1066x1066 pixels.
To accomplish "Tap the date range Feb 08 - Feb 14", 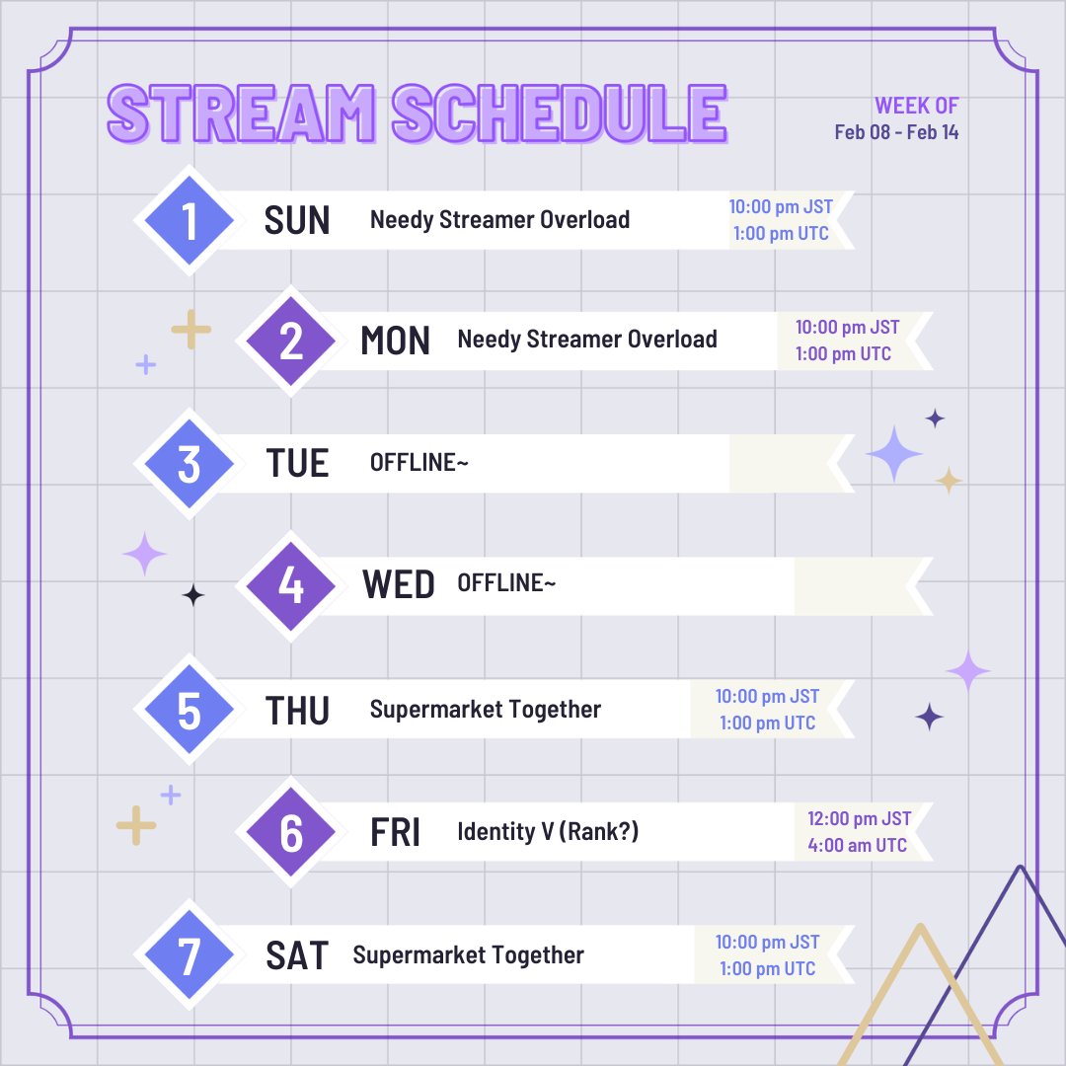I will click(896, 132).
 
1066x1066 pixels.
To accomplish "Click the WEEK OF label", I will click(916, 107).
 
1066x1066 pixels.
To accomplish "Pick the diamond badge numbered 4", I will click(290, 585).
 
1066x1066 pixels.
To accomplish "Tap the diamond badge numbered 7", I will click(189, 955).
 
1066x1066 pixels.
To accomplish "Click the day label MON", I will click(395, 342).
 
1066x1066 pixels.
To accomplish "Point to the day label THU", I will click(297, 710).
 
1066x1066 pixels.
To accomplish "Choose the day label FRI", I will click(395, 833).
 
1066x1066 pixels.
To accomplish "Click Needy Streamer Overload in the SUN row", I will click(499, 220).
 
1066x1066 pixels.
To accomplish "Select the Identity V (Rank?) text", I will click(548, 832).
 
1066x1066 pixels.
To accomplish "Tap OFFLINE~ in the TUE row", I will click(419, 463).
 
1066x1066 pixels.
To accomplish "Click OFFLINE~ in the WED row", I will click(506, 584).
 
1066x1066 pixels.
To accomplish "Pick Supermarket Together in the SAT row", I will click(468, 955).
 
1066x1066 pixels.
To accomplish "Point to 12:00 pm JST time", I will click(859, 819).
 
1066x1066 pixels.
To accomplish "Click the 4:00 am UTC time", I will click(857, 845).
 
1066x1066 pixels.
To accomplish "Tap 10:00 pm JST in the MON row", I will click(847, 327).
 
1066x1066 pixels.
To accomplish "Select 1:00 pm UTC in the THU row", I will click(767, 723).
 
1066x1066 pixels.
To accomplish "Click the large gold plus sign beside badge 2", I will click(191, 330).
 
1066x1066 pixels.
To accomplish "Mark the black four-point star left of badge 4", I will click(193, 595).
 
